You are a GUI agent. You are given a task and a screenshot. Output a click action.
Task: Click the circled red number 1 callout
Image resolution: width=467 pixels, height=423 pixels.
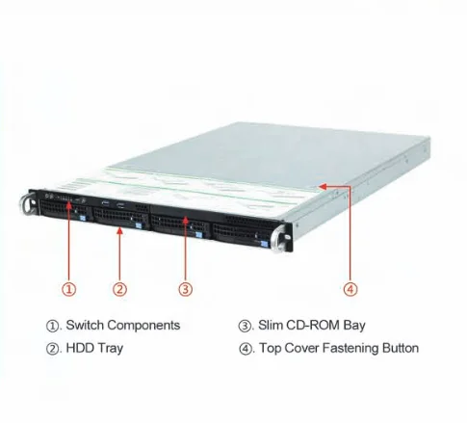pos(69,289)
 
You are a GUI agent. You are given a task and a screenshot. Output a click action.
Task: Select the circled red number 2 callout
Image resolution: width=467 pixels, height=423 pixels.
pos(119,289)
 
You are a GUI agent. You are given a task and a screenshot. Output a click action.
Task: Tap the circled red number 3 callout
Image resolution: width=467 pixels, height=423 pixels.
pos(186,289)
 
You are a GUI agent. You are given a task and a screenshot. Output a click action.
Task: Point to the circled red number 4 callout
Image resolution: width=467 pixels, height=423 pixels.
pos(350,289)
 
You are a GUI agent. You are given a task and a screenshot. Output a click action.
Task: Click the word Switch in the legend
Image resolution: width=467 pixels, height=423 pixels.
pos(85,325)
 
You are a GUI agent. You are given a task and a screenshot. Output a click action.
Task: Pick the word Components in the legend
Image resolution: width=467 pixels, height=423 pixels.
pos(143,326)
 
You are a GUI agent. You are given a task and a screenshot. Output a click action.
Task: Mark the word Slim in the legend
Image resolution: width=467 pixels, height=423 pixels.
pos(271,325)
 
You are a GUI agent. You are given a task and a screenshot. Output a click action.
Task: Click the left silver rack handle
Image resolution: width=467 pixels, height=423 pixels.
pos(26,204)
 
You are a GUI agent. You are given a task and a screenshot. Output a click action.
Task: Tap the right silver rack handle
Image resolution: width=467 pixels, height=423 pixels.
pos(278,238)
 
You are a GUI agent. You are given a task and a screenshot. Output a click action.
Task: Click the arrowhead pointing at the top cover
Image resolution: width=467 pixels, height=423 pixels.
pos(323,186)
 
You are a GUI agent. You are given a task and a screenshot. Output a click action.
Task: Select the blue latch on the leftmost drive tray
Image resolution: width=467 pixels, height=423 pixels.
pos(83,218)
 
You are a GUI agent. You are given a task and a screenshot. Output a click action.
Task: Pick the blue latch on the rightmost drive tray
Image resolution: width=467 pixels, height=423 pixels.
pos(264,244)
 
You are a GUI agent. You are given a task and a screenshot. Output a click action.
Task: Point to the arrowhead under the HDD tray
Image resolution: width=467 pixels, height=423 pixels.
pos(119,230)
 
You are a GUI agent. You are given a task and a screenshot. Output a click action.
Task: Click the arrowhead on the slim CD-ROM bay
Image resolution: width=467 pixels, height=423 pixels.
pos(186,221)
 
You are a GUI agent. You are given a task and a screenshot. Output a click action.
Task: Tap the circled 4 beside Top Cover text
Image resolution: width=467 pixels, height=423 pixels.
pos(246,349)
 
